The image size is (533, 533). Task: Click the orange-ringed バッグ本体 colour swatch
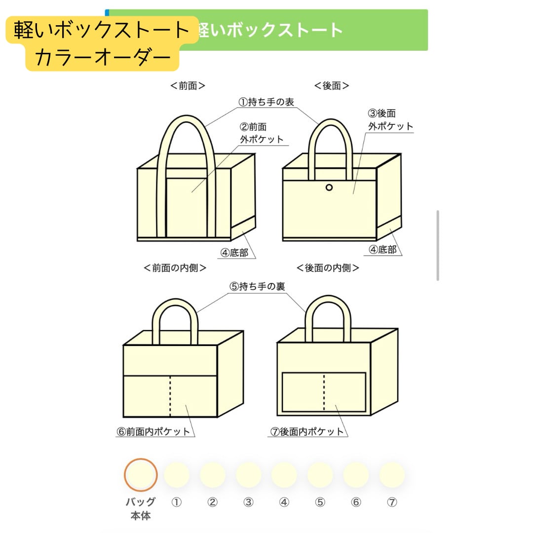pyautogui.click(x=141, y=475)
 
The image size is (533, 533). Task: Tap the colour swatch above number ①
pyautogui.click(x=176, y=475)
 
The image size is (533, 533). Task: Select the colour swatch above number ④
pyautogui.click(x=284, y=475)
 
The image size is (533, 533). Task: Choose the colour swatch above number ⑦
pyautogui.click(x=392, y=475)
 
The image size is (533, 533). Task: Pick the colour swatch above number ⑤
pyautogui.click(x=320, y=475)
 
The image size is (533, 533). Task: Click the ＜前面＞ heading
pyautogui.click(x=188, y=85)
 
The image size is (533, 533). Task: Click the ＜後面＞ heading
pyautogui.click(x=332, y=85)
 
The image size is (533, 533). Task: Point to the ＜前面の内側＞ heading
pyautogui.click(x=175, y=268)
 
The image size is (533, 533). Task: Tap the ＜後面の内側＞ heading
pyautogui.click(x=328, y=268)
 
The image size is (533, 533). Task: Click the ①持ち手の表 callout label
pyautogui.click(x=266, y=102)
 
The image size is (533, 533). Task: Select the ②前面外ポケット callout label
pyautogui.click(x=262, y=133)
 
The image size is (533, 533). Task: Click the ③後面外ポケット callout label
pyautogui.click(x=390, y=120)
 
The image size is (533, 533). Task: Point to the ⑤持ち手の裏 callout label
pyautogui.click(x=257, y=286)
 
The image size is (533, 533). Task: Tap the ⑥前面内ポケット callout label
pyautogui.click(x=153, y=431)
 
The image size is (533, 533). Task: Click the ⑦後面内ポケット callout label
pyautogui.click(x=306, y=431)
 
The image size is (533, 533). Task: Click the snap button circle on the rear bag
pyautogui.click(x=329, y=187)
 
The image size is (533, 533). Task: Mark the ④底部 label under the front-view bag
pyautogui.click(x=234, y=252)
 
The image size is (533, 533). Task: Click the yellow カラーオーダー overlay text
pyautogui.click(x=103, y=58)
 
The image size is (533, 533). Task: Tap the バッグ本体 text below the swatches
pyautogui.click(x=141, y=509)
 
